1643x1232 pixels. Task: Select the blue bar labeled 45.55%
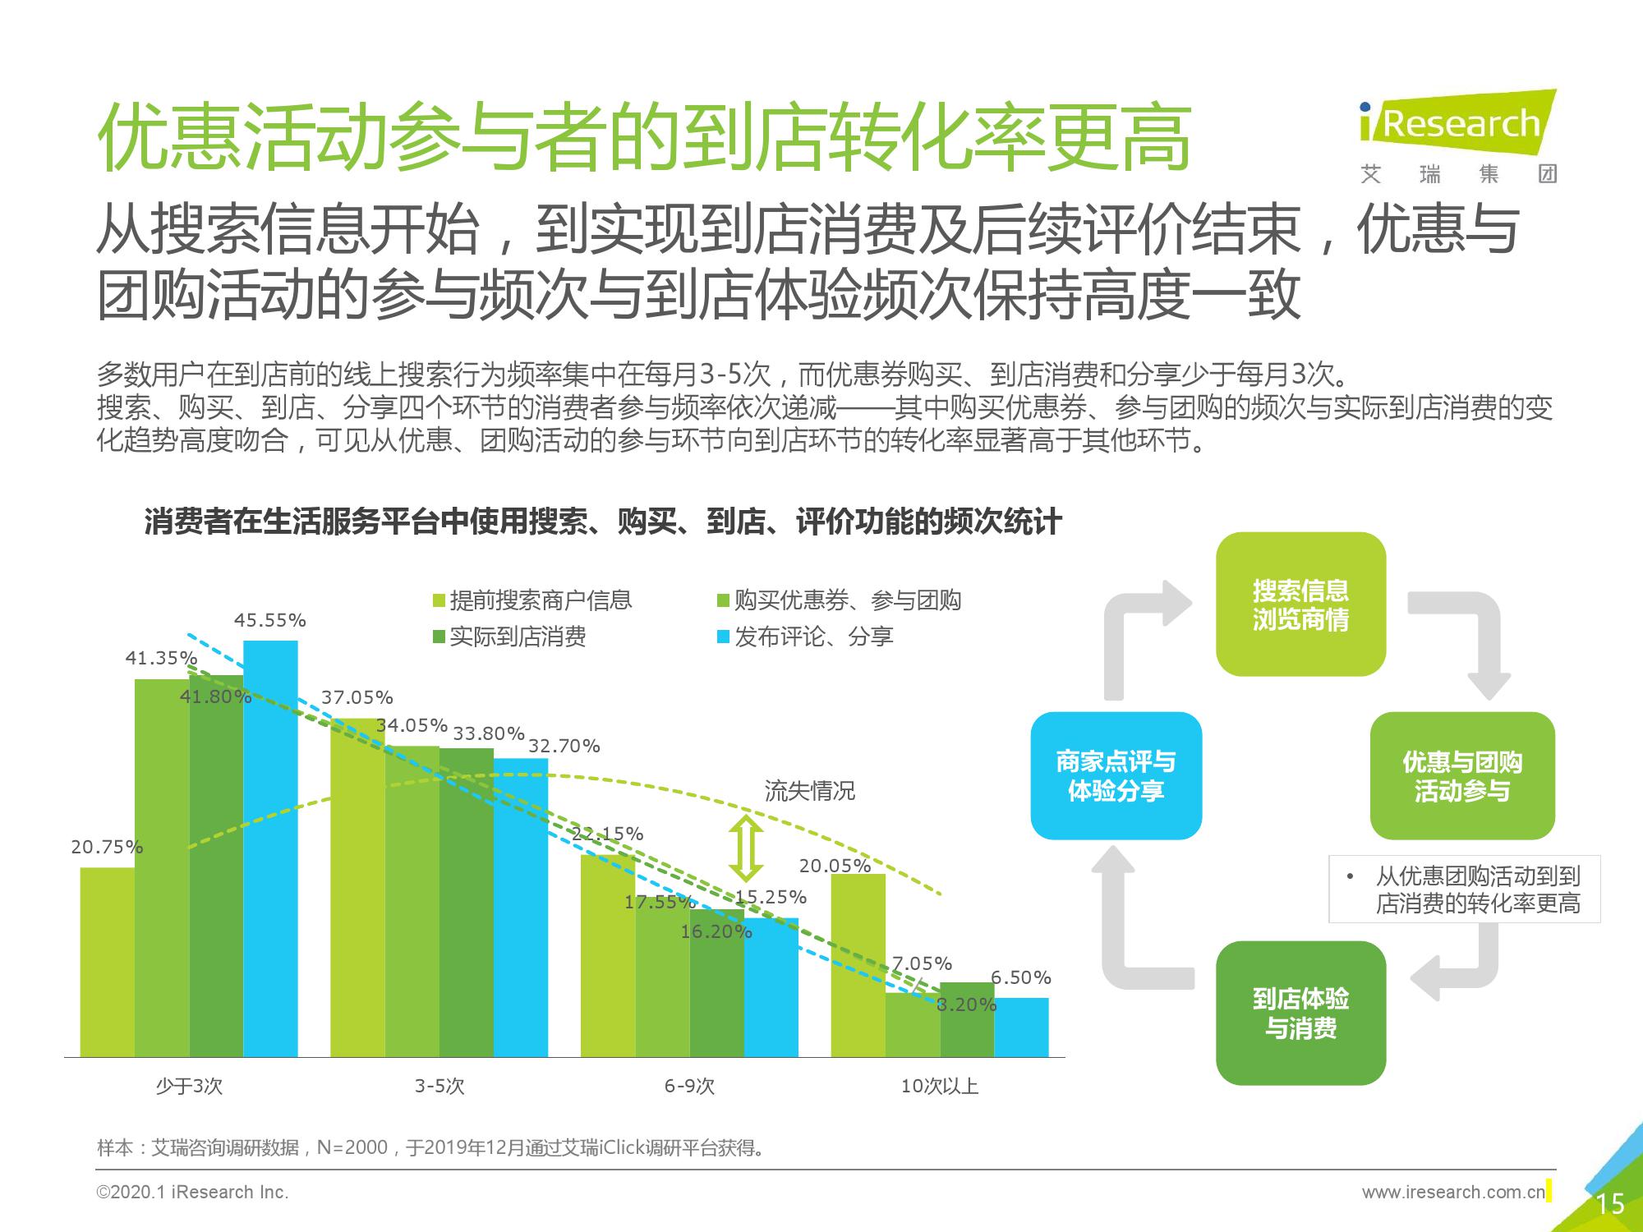click(x=270, y=848)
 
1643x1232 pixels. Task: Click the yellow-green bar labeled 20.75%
click(x=107, y=962)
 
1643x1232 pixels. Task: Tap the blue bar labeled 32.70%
click(x=521, y=908)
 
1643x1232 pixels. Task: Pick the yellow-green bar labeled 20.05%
click(x=858, y=965)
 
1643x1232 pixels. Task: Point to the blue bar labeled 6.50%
click(x=1022, y=1027)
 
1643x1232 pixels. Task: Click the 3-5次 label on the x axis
click(x=440, y=1087)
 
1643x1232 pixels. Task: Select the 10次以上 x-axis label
click(x=940, y=1087)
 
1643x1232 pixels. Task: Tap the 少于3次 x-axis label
click(x=189, y=1087)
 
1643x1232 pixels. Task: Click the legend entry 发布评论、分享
click(x=805, y=637)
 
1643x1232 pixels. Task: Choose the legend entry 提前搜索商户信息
click(x=532, y=600)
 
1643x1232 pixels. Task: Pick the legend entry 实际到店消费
click(x=509, y=637)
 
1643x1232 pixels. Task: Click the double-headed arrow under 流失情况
click(x=746, y=848)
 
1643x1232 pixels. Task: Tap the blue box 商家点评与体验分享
click(x=1116, y=775)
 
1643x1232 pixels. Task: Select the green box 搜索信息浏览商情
click(x=1300, y=605)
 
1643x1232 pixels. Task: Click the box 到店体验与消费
click(x=1300, y=1013)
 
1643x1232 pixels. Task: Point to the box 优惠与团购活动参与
click(x=1462, y=775)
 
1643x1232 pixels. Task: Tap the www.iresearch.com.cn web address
click(x=1453, y=1192)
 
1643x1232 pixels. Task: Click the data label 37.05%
click(x=357, y=697)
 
